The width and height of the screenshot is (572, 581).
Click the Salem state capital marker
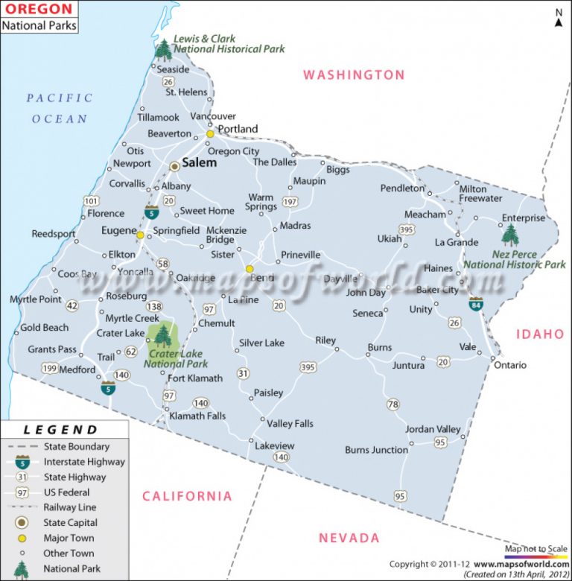(x=174, y=166)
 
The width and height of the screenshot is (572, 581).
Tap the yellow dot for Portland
(x=211, y=134)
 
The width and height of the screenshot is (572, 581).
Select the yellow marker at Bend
(x=250, y=269)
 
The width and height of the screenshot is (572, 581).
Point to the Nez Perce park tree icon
(x=510, y=235)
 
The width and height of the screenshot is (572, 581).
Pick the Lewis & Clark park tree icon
(x=163, y=50)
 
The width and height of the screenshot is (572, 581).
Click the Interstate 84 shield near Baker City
(x=475, y=304)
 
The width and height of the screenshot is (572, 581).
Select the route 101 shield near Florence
(x=91, y=201)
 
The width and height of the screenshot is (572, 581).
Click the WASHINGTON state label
(x=354, y=74)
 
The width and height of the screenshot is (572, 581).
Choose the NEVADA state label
(x=349, y=538)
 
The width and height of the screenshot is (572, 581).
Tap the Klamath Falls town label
(x=197, y=416)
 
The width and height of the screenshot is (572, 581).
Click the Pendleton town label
(x=402, y=188)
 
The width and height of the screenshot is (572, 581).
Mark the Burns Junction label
(x=376, y=450)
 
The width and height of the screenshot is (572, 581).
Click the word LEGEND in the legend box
(x=60, y=430)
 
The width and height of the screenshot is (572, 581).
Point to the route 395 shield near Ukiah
(x=407, y=229)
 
